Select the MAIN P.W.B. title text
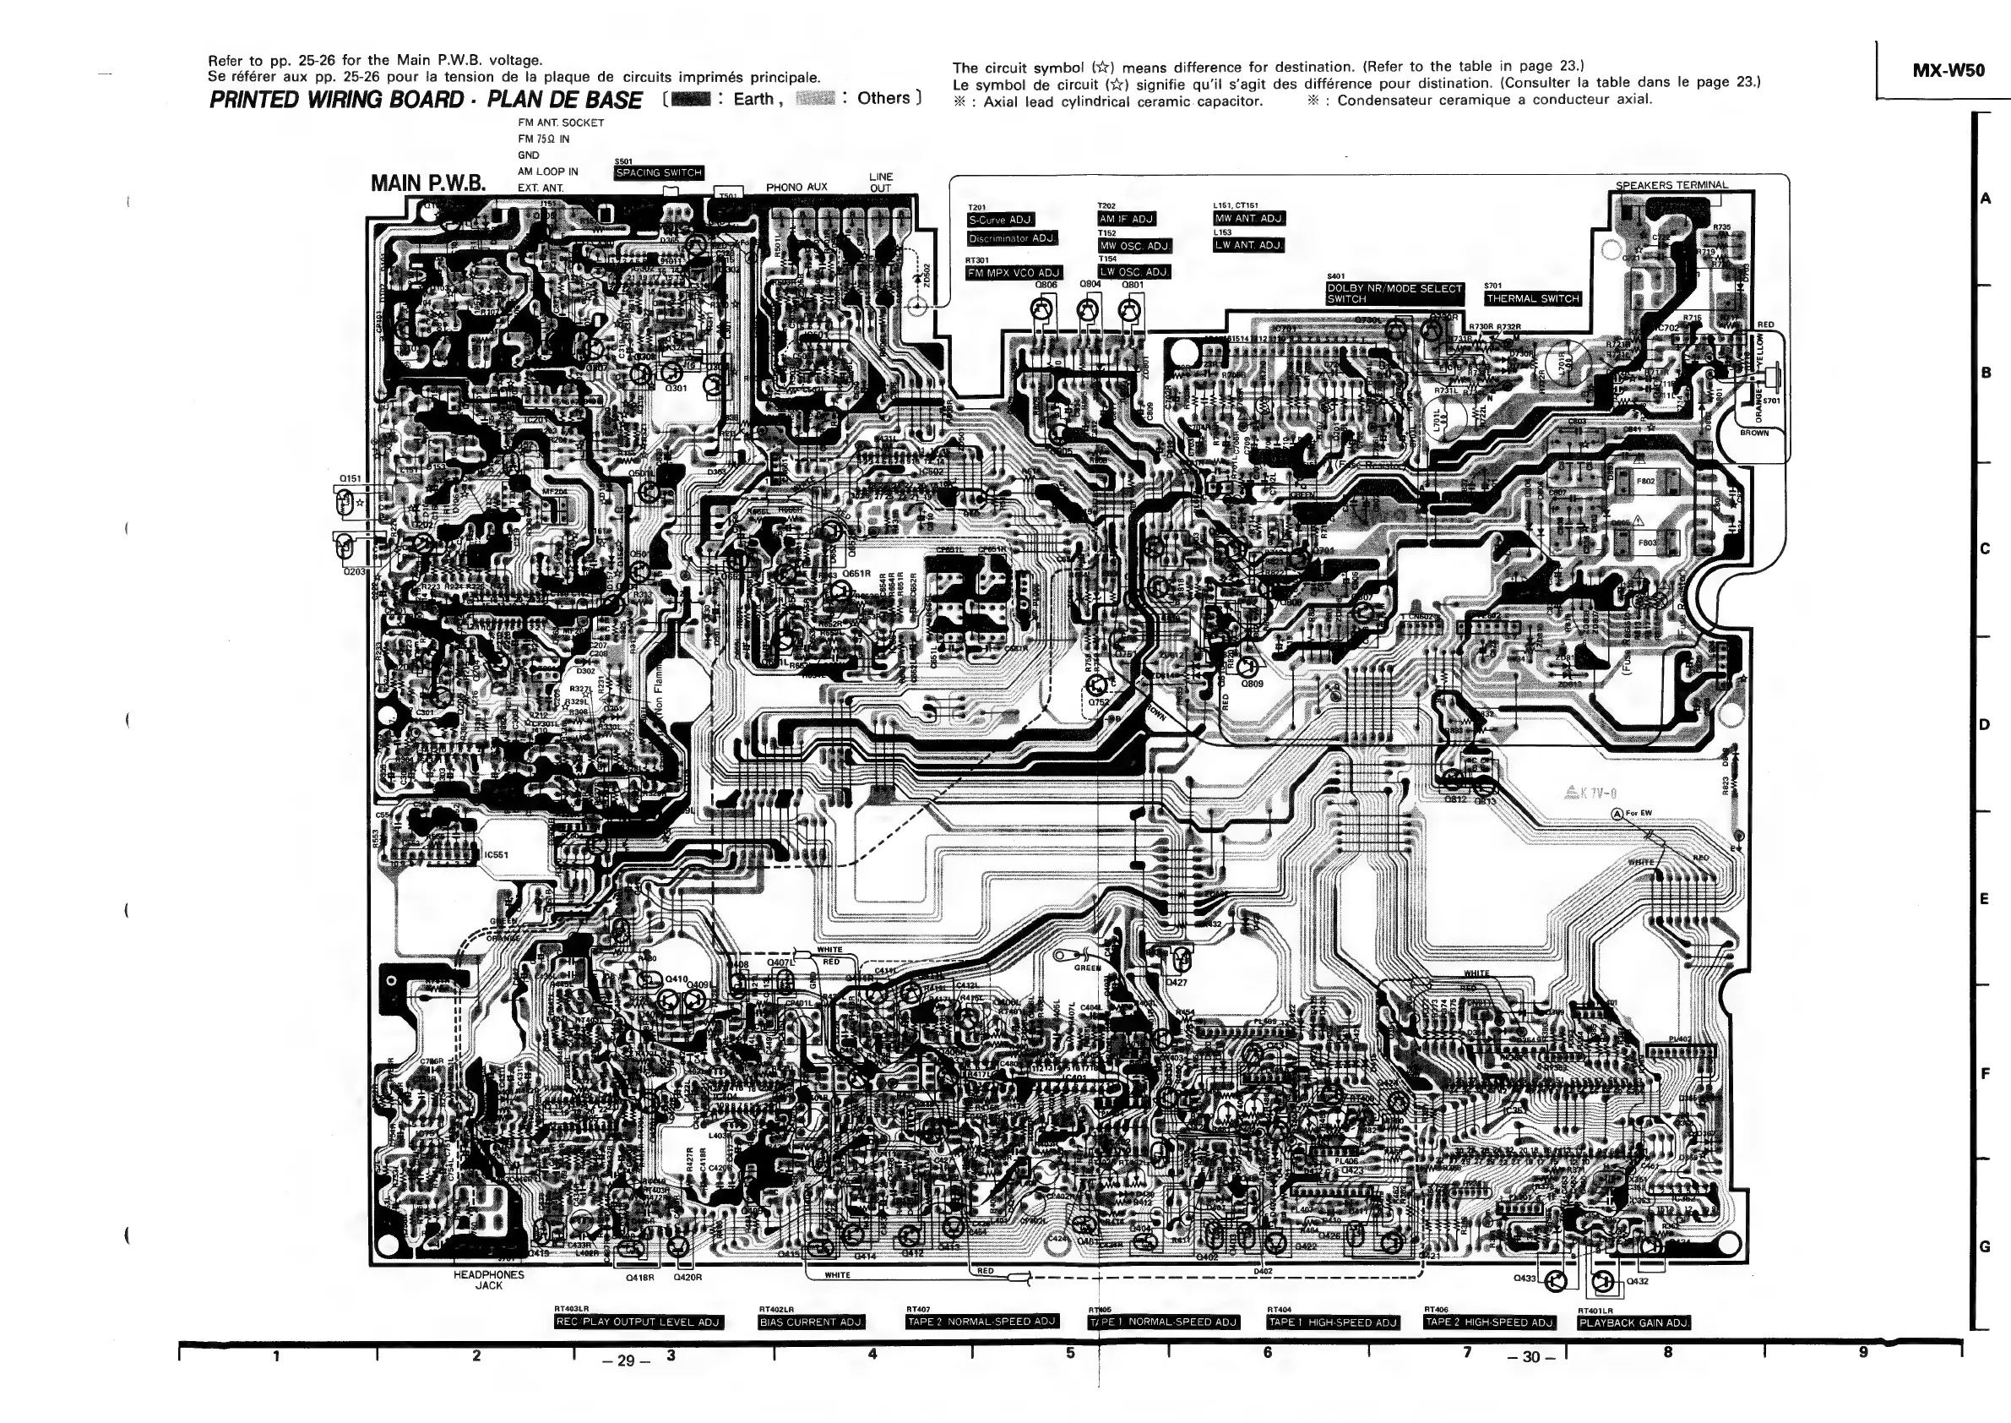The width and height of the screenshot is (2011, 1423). [x=428, y=183]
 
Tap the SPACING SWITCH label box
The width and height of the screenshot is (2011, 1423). [x=659, y=172]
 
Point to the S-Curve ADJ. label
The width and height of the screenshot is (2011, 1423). [x=1000, y=220]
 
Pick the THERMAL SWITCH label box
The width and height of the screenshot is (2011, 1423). [x=1533, y=299]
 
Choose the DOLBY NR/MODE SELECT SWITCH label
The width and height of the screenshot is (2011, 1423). [x=1394, y=293]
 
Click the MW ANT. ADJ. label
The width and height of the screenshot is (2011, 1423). [x=1249, y=218]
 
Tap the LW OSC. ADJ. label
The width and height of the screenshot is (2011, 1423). [x=1134, y=272]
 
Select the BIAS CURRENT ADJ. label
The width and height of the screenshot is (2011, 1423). [x=811, y=1322]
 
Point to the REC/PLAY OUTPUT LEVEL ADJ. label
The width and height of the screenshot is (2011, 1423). [x=639, y=1322]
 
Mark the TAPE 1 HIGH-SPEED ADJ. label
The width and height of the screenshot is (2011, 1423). [x=1333, y=1322]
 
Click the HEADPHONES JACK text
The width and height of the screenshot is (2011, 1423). [x=489, y=1280]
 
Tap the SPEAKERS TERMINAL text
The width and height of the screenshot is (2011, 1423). [x=1671, y=185]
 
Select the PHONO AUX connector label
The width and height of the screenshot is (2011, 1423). [x=796, y=188]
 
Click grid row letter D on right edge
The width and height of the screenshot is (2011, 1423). [x=1985, y=725]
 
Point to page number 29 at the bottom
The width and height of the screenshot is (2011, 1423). [x=625, y=1360]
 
